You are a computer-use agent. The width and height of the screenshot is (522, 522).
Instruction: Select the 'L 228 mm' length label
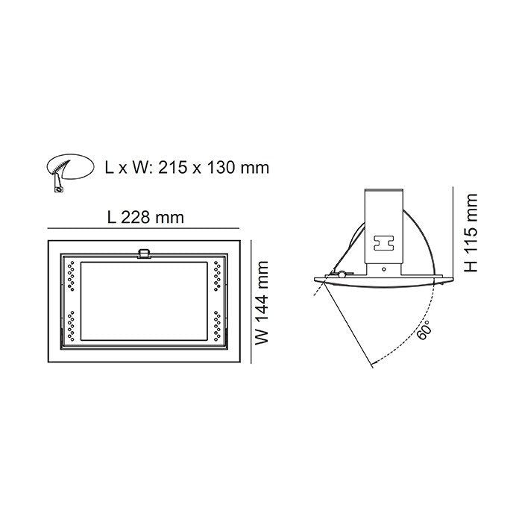point(145,217)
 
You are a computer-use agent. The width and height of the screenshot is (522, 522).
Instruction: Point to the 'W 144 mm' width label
point(261,301)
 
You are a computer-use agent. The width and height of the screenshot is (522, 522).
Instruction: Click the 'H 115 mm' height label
point(471,232)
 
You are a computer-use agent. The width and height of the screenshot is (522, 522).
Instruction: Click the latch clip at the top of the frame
point(144,254)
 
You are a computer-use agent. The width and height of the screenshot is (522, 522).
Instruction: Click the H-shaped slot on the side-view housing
point(385,243)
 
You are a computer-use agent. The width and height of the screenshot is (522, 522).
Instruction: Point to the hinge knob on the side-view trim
point(341,275)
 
